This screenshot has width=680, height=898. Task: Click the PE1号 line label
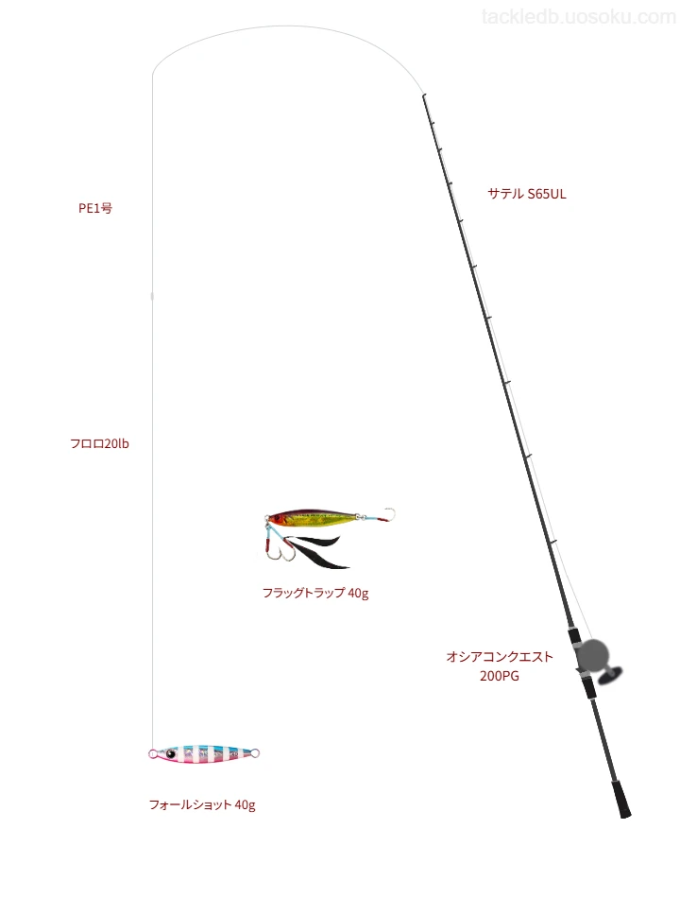95,208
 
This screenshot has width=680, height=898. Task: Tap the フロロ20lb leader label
99,443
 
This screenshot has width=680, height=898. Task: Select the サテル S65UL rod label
527,194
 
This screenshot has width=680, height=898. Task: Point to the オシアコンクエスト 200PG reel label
500,666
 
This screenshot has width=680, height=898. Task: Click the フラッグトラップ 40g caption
315,593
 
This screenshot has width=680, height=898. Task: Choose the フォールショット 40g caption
202,804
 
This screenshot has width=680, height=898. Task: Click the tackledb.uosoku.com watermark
579,17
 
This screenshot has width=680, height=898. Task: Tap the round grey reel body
592,655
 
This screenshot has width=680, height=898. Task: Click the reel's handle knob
609,677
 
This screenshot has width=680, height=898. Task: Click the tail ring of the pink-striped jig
255,753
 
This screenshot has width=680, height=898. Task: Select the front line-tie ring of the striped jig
153,753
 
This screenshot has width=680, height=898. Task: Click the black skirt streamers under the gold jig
317,551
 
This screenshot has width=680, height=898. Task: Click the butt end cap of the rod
625,812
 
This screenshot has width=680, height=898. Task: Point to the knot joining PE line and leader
152,296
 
